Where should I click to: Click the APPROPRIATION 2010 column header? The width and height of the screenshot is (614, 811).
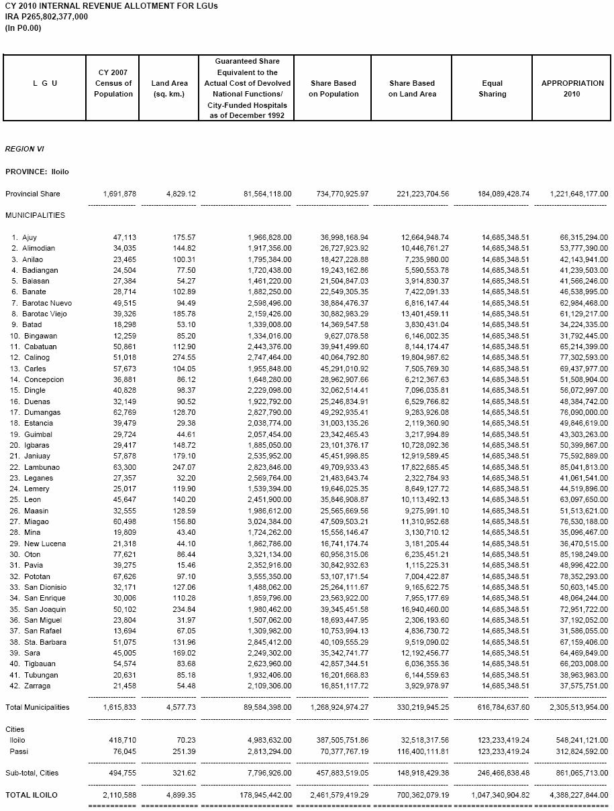click(x=572, y=88)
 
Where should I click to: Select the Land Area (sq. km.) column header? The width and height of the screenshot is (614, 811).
click(x=169, y=88)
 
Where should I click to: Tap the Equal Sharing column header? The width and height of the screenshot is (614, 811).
click(x=492, y=88)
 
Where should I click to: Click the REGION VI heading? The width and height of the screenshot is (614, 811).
click(x=24, y=149)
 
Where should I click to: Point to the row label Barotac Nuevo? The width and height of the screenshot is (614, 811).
click(x=47, y=303)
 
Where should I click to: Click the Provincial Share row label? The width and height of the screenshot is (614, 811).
click(x=32, y=194)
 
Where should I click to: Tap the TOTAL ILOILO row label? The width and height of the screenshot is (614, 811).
click(x=31, y=795)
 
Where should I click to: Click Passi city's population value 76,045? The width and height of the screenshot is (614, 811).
click(x=122, y=751)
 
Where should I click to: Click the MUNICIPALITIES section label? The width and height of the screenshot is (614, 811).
click(x=35, y=215)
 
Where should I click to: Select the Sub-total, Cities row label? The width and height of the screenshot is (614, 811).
click(x=32, y=773)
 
